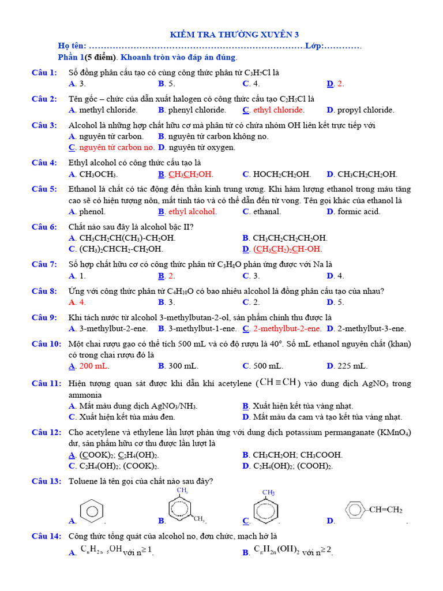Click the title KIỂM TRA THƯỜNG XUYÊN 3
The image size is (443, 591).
(x=234, y=35)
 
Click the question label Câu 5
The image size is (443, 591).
(x=44, y=189)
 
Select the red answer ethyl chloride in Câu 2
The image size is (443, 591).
(x=279, y=110)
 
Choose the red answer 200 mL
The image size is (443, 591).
(x=94, y=366)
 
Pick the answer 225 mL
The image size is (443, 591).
(x=352, y=366)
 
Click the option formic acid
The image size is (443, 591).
(x=359, y=211)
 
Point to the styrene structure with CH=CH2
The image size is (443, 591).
(x=373, y=510)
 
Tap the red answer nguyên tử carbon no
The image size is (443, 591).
(x=117, y=147)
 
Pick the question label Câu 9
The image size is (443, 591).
(x=44, y=317)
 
